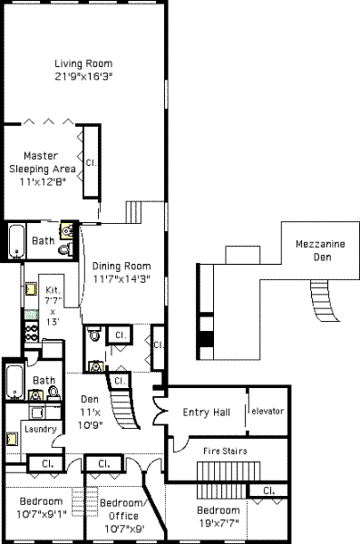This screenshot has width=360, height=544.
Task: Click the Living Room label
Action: pos(83,63)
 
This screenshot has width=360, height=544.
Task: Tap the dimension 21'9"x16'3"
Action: pos(84,76)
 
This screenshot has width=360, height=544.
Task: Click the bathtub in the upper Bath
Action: pos(16,241)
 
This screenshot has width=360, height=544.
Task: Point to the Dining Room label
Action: pos(122,267)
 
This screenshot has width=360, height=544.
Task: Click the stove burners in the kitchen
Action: pos(31,332)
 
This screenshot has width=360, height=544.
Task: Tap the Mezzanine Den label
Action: pos(320,250)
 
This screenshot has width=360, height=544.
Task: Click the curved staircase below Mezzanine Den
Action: pos(325,301)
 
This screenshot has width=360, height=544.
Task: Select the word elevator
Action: pos(268,411)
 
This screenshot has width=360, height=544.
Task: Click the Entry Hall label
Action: pos(206,413)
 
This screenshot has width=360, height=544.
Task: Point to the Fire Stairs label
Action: pos(225,451)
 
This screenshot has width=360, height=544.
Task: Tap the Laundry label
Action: pos(41,430)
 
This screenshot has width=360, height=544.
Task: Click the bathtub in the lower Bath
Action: pos(15,382)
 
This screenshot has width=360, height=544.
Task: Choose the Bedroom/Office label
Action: pos(122,510)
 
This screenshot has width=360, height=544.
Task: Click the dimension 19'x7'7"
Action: pos(219,523)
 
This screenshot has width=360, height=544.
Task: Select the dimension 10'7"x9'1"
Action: pos(42,514)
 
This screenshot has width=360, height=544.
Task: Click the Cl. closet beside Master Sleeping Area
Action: pos(92,161)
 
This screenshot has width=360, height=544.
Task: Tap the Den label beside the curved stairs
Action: pos(90,399)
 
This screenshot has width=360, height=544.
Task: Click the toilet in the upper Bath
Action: pos(66,248)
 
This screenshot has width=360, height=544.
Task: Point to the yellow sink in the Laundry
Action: pos(13,439)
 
